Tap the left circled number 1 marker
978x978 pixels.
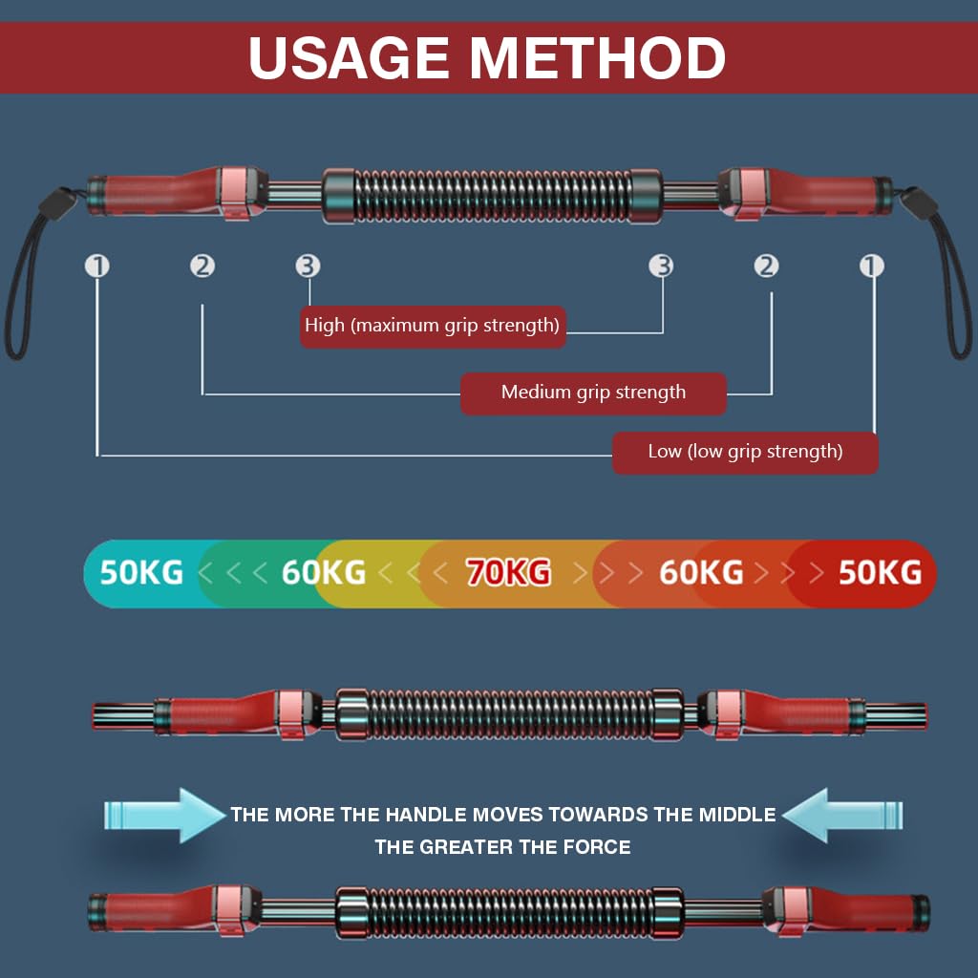(97, 266)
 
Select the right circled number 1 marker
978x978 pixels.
(872, 266)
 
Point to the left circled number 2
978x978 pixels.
(202, 266)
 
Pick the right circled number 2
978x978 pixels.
(767, 266)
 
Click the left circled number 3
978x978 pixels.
(308, 266)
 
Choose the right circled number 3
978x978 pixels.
(662, 266)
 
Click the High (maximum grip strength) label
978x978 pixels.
(432, 326)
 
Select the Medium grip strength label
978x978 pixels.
(593, 393)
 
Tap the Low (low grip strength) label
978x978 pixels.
(745, 452)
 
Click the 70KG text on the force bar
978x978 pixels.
(508, 572)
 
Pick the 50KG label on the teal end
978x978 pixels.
(141, 572)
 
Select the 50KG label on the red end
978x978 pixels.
(880, 572)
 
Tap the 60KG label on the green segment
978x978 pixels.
(324, 572)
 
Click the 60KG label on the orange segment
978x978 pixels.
(701, 572)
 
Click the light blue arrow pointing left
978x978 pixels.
(840, 815)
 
